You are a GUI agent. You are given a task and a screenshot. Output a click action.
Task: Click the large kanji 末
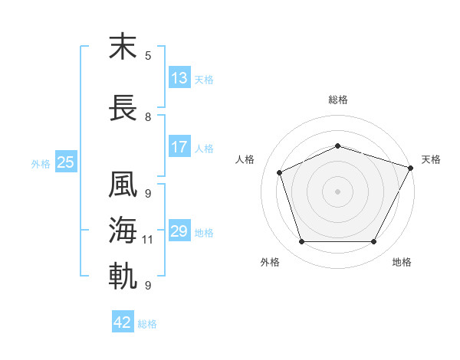[x=123, y=46]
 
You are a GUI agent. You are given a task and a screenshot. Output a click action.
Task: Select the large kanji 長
[x=123, y=107]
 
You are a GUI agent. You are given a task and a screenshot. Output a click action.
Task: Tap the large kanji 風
[x=123, y=184]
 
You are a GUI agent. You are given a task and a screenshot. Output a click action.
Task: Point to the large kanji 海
[x=123, y=230]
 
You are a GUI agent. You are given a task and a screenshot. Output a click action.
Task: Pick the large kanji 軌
[x=123, y=276]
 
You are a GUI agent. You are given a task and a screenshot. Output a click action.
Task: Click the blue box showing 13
[x=179, y=77]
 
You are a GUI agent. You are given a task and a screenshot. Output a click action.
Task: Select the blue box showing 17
[x=179, y=146]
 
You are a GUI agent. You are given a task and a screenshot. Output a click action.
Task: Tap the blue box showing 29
[x=179, y=230]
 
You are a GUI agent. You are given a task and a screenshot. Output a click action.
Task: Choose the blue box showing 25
[x=66, y=162]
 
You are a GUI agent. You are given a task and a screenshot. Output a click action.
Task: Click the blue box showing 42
[x=123, y=321]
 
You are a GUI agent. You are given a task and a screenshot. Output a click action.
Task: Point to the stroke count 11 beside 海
[x=147, y=240]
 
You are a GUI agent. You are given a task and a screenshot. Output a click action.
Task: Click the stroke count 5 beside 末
[x=148, y=56]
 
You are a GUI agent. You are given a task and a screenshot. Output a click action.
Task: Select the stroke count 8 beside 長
[x=148, y=117]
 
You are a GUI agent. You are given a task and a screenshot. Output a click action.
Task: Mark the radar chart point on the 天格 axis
[x=410, y=168]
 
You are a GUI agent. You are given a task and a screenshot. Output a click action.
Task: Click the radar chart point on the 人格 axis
[x=280, y=172]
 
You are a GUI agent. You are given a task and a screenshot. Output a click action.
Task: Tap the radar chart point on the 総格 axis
[x=337, y=146]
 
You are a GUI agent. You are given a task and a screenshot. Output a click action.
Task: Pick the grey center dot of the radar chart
[x=337, y=191]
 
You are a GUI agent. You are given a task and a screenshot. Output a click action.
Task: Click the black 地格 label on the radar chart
[x=402, y=262]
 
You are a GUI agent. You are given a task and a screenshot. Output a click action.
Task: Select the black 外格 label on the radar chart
[x=270, y=262]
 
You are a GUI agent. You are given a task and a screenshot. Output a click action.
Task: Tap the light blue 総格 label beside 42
[x=147, y=324]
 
